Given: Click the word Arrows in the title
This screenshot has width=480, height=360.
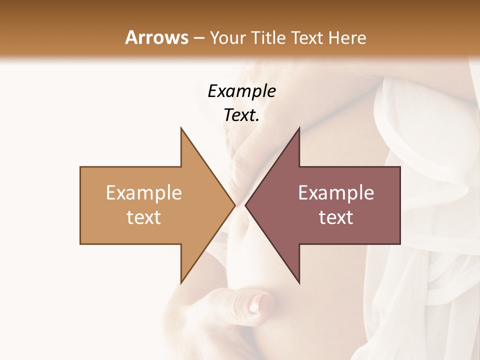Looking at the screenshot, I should [x=156, y=38].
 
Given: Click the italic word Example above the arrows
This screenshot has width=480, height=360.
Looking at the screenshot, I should [x=241, y=91].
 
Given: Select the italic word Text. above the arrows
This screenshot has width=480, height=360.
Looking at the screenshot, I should [x=241, y=115].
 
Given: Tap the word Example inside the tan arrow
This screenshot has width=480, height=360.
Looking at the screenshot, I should [x=144, y=193].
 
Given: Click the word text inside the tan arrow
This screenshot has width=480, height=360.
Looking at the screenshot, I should [x=144, y=217].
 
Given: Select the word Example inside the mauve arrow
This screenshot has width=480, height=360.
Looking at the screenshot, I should [x=336, y=193].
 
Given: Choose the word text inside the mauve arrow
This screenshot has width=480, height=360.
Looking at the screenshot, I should [x=336, y=217].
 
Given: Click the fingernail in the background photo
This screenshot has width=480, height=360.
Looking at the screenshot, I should [x=259, y=302].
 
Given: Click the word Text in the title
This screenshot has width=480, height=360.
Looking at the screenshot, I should [x=307, y=38].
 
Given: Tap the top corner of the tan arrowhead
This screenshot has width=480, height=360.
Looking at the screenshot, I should [x=181, y=128].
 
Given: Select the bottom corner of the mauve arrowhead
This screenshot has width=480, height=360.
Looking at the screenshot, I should [x=299, y=282].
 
